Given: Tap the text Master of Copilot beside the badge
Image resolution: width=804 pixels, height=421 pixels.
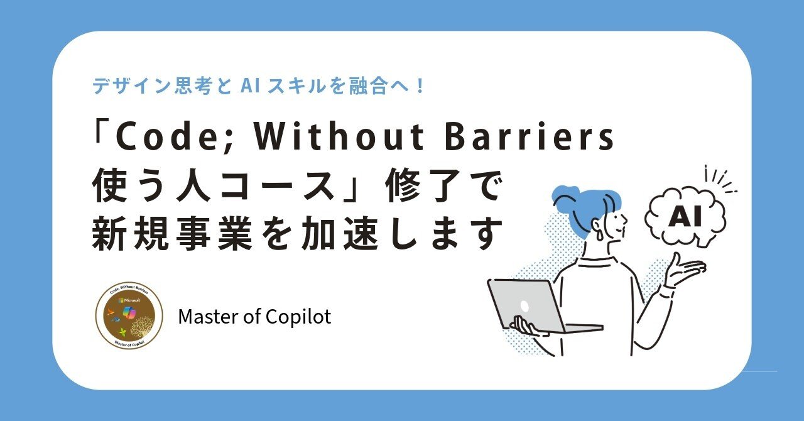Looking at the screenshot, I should click(x=254, y=317).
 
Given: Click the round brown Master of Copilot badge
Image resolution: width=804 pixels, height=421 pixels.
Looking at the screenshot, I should click(x=129, y=315).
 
